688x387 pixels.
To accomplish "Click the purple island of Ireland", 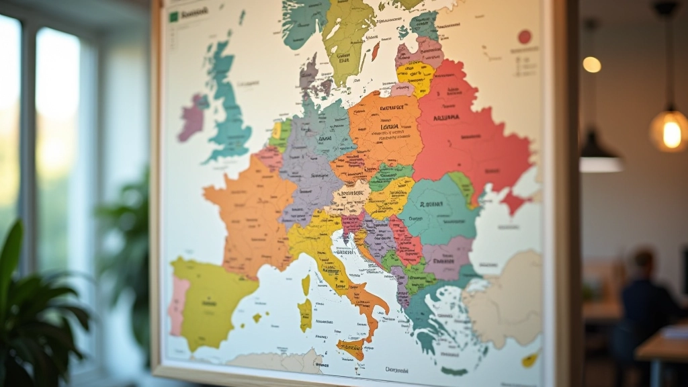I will click(193, 118).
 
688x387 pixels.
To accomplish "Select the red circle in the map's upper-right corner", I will click(525, 36).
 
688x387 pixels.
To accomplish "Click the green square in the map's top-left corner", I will click(174, 16).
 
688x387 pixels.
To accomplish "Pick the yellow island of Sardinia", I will click(305, 314).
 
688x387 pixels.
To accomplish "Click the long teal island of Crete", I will click(455, 371).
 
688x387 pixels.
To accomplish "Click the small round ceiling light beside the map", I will click(591, 64).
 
